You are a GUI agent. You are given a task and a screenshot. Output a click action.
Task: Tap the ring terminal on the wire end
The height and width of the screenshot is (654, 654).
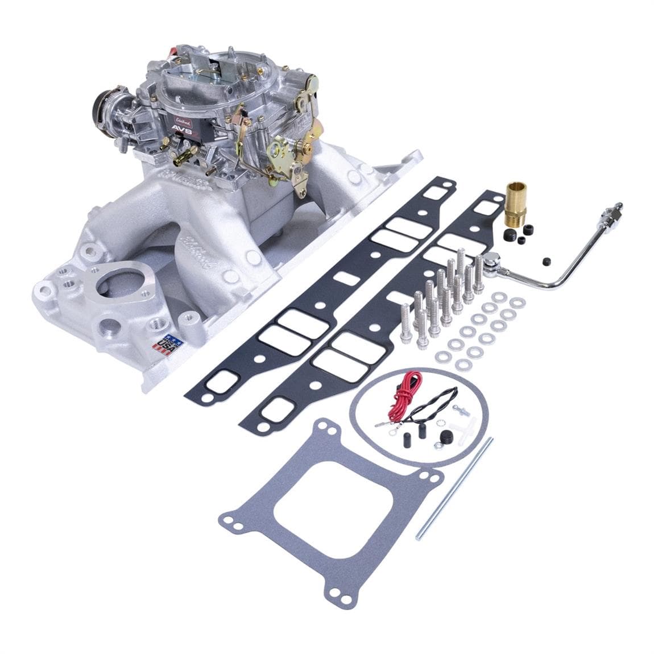376,424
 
